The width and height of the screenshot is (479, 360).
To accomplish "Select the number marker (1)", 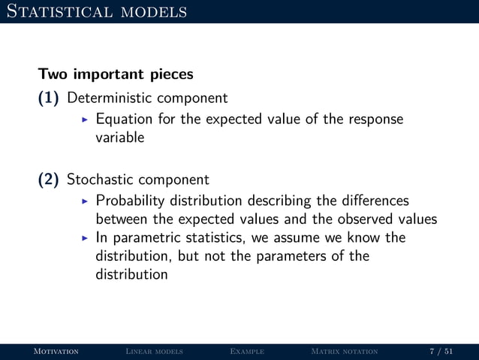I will (50, 98).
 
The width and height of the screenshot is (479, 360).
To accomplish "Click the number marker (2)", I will (50, 180).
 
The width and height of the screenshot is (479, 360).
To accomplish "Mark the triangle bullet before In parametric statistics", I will (85, 237).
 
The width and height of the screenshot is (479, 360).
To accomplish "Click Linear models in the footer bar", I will (154, 351).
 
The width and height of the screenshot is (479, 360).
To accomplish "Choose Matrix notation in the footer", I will (344, 351).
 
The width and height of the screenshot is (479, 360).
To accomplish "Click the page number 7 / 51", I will (441, 351).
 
